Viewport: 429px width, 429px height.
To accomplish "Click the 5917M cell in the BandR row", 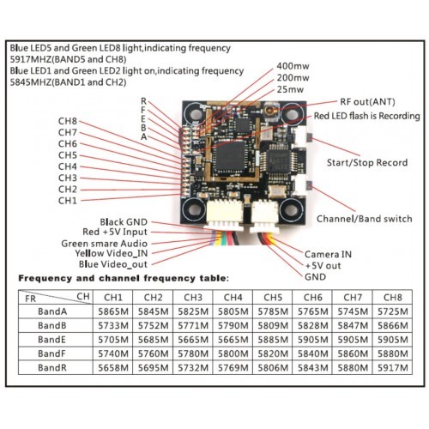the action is [392, 368].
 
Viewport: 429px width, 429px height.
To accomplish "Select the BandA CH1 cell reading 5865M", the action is [113, 311].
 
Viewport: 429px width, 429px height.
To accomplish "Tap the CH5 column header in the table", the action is [273, 298].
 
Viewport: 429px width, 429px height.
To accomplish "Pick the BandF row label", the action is [51, 353].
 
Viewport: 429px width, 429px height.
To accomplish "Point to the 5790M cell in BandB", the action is [233, 325].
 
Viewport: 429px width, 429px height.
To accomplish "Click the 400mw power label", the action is [293, 66].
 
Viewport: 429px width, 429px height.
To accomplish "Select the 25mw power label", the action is [290, 89].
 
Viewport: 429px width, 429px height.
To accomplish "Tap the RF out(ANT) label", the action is [367, 102].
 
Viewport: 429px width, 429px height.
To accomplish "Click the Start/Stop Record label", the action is [367, 163].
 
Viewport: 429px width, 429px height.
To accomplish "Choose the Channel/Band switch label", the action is [365, 219].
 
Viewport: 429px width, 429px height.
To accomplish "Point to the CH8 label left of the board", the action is [68, 121].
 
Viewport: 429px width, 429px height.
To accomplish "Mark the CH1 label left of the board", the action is [68, 201].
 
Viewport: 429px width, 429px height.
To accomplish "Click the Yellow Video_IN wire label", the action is [112, 253].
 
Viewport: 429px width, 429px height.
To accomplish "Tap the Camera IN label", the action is [328, 254].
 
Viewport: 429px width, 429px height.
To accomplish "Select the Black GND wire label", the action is [124, 222].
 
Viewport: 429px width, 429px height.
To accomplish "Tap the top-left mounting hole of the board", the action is [195, 113].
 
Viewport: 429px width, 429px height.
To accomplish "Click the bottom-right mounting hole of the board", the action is [291, 210].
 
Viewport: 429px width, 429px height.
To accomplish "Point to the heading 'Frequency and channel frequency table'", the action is [124, 278].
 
